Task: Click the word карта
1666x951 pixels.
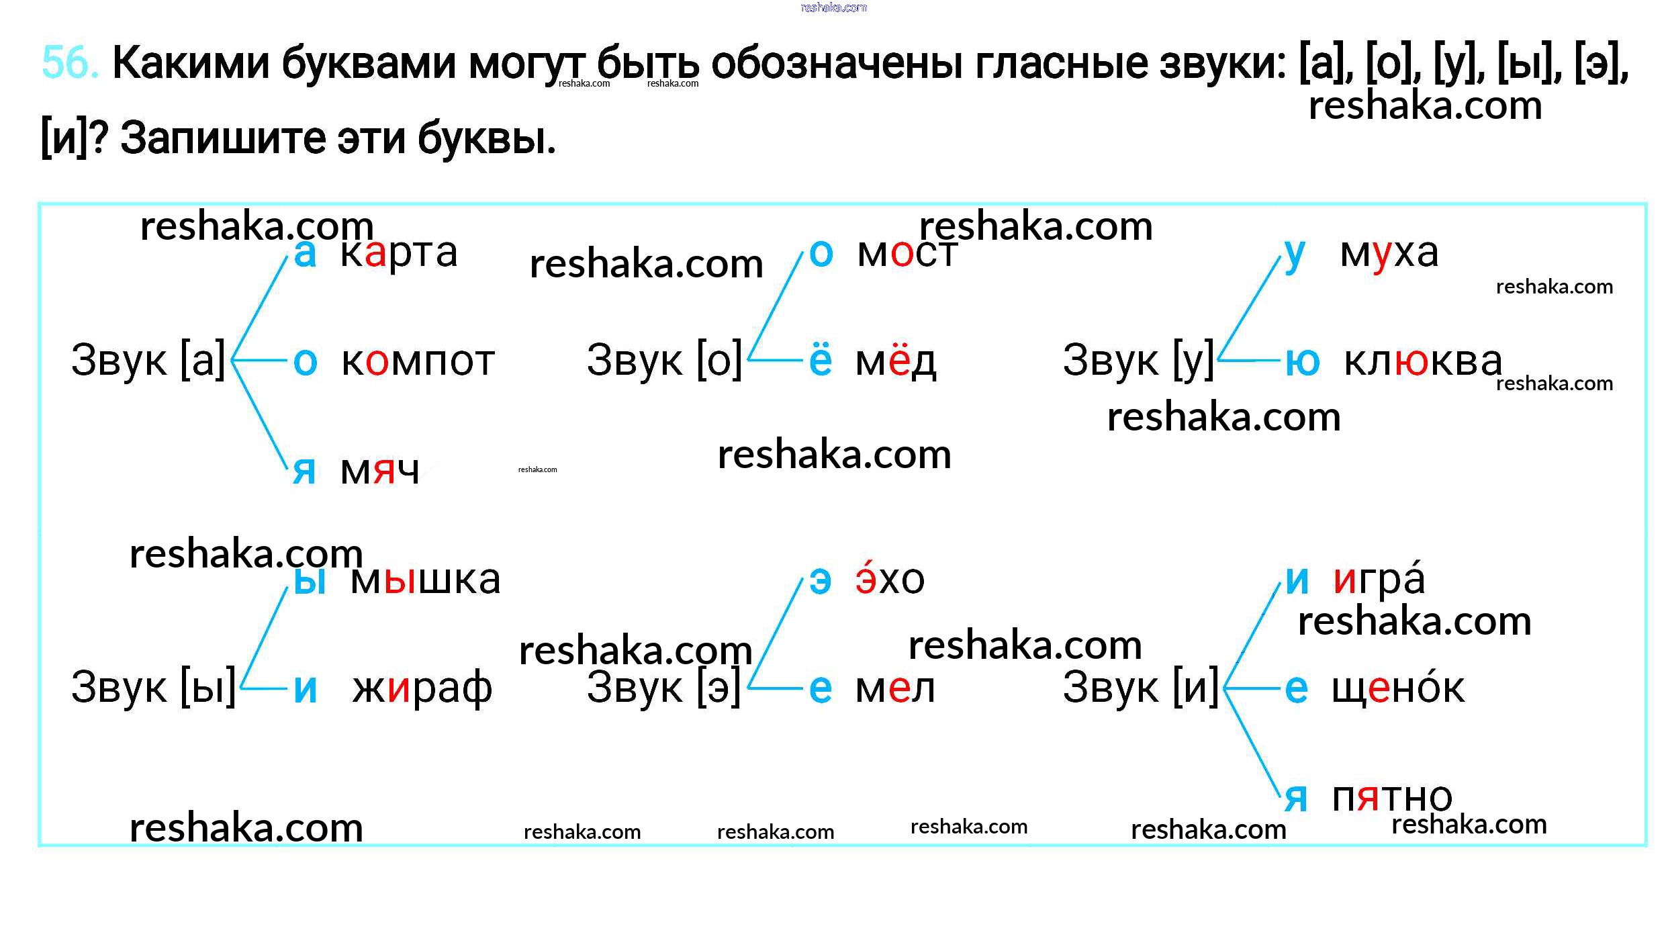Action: [399, 254]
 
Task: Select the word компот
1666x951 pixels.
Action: [418, 361]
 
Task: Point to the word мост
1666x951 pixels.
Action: [907, 254]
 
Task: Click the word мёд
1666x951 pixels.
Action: [895, 361]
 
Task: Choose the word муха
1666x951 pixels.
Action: [1389, 254]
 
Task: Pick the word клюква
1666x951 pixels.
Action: [1422, 361]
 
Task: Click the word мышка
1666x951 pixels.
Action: [425, 580]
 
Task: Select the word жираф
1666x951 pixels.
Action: [422, 688]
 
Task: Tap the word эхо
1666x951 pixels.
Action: [890, 579]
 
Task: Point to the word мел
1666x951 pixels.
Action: [894, 688]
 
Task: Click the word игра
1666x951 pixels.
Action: [1379, 579]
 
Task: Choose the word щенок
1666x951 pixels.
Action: [1398, 688]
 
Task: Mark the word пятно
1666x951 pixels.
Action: [1391, 798]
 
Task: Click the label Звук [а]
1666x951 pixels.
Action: [148, 361]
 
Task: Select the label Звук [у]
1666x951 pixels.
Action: [1139, 361]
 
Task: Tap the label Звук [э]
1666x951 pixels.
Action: [664, 688]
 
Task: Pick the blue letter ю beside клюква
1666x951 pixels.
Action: [1303, 361]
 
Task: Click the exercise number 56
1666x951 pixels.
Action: [69, 62]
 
